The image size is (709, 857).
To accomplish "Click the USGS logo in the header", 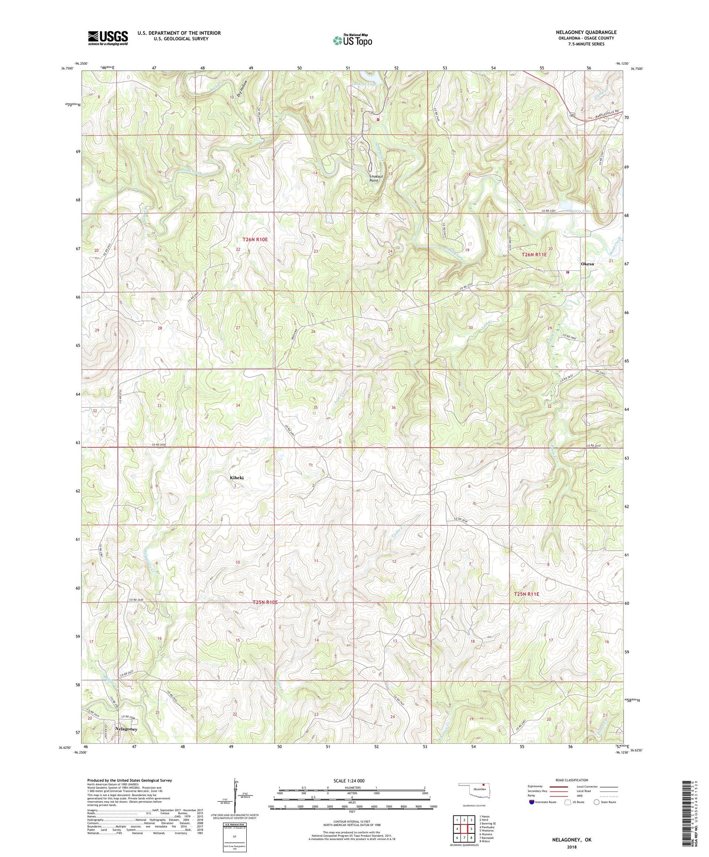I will click(108, 38).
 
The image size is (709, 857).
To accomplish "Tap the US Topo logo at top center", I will click(352, 41).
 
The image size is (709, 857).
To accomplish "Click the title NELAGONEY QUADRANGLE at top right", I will click(579, 32).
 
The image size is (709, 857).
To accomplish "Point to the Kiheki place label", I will click(237, 478).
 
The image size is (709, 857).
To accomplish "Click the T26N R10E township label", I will click(255, 240).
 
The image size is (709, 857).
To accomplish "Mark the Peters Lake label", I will click(581, 211).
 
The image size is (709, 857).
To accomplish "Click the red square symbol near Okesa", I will click(567, 272).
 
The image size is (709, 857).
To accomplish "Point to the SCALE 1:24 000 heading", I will click(352, 780).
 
